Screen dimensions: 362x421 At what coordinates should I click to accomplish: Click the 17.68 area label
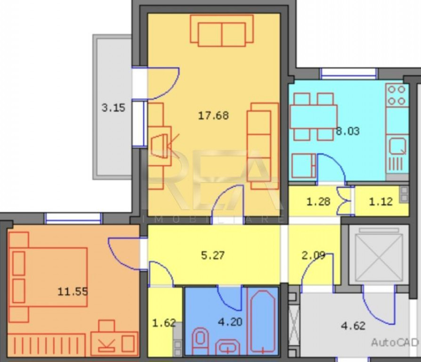(213, 115)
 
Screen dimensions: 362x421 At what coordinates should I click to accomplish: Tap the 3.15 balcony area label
(113, 107)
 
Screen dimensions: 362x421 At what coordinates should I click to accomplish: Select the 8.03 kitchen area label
(348, 131)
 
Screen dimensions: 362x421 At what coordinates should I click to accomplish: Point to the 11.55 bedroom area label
(73, 291)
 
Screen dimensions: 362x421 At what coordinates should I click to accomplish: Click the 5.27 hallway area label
(213, 255)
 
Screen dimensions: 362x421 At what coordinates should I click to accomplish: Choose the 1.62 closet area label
(164, 323)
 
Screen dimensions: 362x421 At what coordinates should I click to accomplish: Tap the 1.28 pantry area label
(318, 202)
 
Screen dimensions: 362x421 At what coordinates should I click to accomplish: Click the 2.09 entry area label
(313, 255)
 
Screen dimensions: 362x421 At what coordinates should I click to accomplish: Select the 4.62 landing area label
(353, 325)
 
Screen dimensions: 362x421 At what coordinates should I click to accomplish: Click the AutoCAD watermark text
(395, 342)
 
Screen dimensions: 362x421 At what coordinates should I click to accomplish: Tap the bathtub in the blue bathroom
(262, 321)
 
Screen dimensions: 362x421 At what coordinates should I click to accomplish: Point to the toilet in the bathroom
(201, 338)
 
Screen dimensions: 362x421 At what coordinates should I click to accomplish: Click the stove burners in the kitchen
(397, 95)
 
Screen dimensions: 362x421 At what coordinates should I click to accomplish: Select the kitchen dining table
(313, 116)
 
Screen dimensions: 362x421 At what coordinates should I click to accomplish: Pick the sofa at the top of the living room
(221, 31)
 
